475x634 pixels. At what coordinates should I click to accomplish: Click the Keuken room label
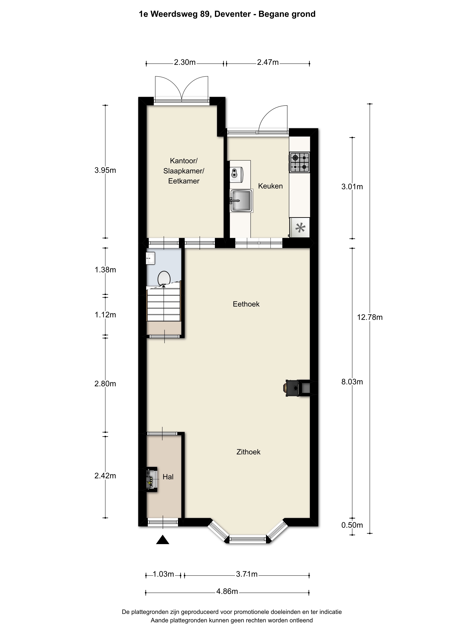point(270,186)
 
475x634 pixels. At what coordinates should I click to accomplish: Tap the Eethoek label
point(246,304)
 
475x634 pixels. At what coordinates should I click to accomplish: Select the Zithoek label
point(248,452)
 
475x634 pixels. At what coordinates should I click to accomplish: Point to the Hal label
point(168,477)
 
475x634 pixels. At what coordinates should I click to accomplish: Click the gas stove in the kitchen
point(299,162)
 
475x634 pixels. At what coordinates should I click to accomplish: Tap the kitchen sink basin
point(241,200)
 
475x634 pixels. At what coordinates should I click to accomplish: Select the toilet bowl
point(164,279)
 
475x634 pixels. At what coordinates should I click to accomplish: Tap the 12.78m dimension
point(370,317)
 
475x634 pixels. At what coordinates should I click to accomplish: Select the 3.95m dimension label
point(105,170)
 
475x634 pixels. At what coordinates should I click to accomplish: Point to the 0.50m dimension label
point(352,525)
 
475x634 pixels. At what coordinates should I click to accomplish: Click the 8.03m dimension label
point(352,382)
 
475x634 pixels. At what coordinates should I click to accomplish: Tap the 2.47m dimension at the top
point(268,62)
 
